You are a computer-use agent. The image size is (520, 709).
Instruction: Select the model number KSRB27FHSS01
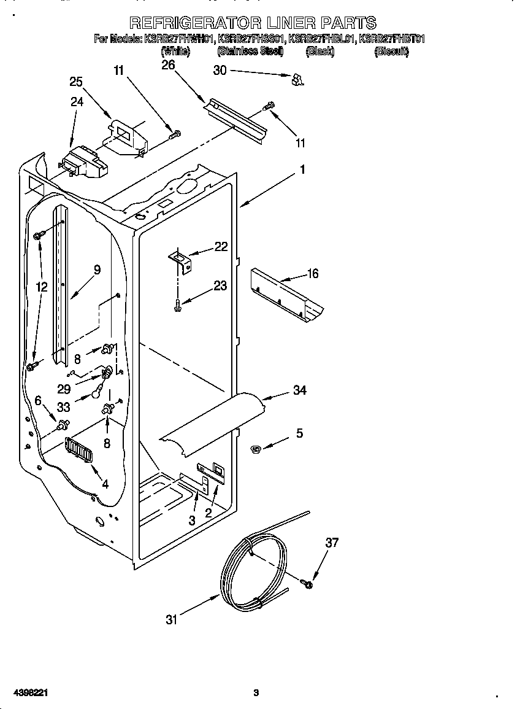coord(251,39)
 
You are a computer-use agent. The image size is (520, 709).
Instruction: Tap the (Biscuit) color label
coord(391,52)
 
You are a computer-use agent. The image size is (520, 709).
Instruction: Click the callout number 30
coord(220,71)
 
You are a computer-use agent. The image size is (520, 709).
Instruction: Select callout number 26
coord(168,65)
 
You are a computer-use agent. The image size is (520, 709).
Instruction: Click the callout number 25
coord(76,82)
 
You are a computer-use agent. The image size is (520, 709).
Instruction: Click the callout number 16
coord(312,273)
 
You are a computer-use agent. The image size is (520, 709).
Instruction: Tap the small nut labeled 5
coord(256,451)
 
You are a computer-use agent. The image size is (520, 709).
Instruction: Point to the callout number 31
coord(171,619)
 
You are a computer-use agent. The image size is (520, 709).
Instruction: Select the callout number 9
coord(97,269)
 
